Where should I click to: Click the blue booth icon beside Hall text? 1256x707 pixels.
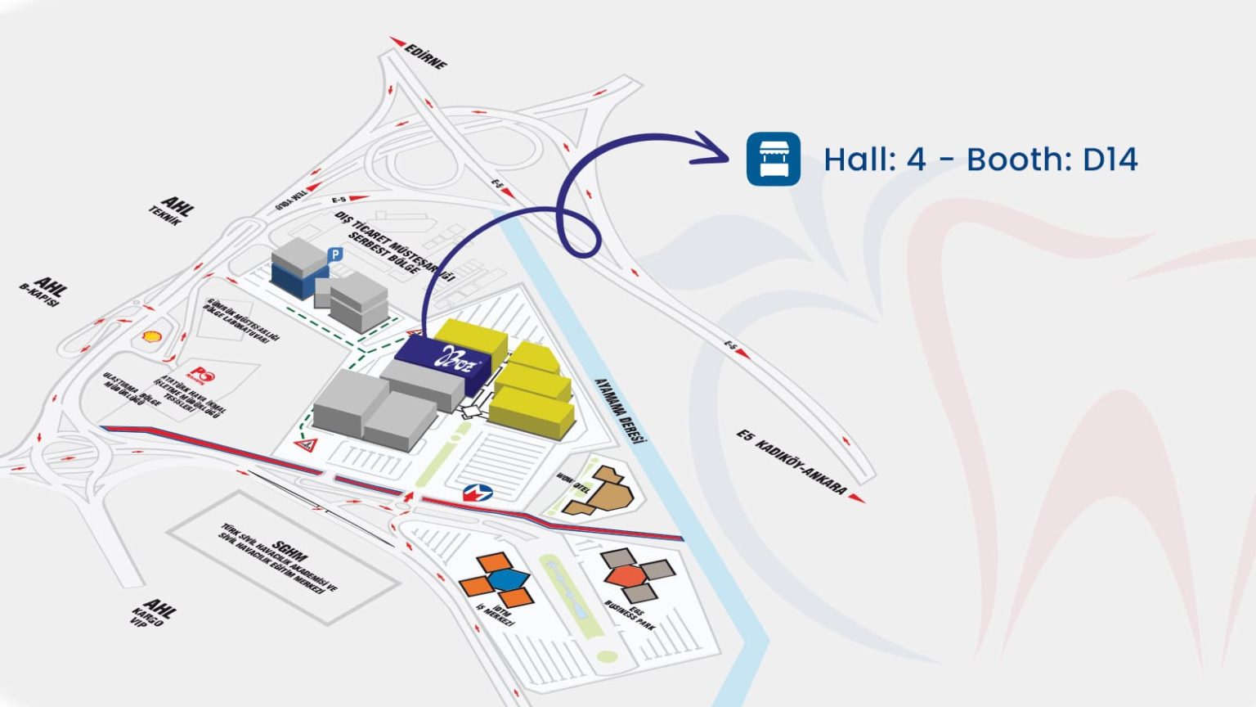[773, 159]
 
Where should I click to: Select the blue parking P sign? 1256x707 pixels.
[334, 255]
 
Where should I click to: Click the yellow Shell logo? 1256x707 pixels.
[151, 336]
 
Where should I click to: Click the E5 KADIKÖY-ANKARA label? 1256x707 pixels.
[791, 463]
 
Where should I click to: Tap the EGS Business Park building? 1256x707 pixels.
[636, 574]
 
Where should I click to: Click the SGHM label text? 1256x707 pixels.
[289, 551]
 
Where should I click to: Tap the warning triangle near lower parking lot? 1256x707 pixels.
[307, 445]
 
